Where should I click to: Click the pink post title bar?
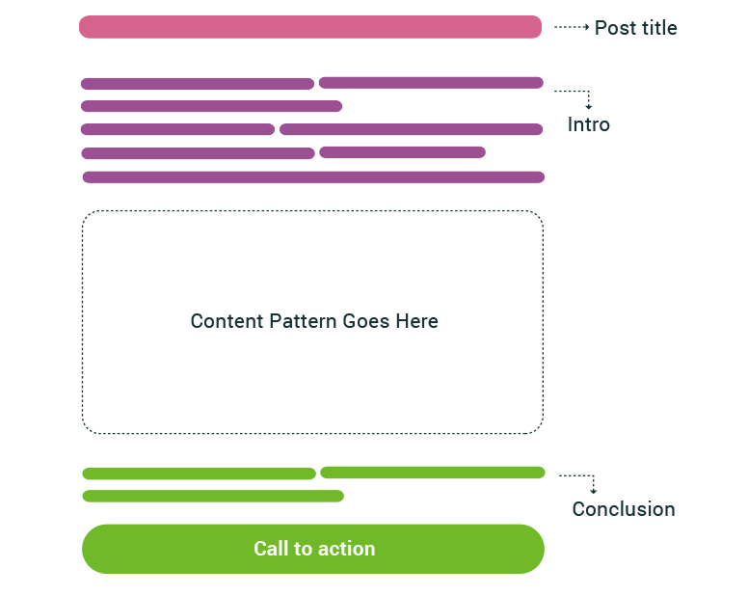pos(310,27)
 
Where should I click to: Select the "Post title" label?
pos(635,28)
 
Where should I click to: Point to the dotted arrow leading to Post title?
pos(572,28)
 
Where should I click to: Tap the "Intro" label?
pos(588,124)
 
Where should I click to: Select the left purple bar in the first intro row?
pos(197,84)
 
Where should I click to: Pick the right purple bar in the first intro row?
pos(431,83)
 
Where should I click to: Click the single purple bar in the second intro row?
pos(211,106)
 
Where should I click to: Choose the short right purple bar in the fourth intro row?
pos(402,152)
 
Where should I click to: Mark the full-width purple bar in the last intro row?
pos(313,176)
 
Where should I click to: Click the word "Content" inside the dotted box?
pos(227,321)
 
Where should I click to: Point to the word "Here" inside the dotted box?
pos(416,321)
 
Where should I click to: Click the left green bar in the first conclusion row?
pos(199,474)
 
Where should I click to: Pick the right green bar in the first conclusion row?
pos(432,473)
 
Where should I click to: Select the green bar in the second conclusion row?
pos(213,497)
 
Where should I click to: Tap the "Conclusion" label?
pos(623,509)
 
